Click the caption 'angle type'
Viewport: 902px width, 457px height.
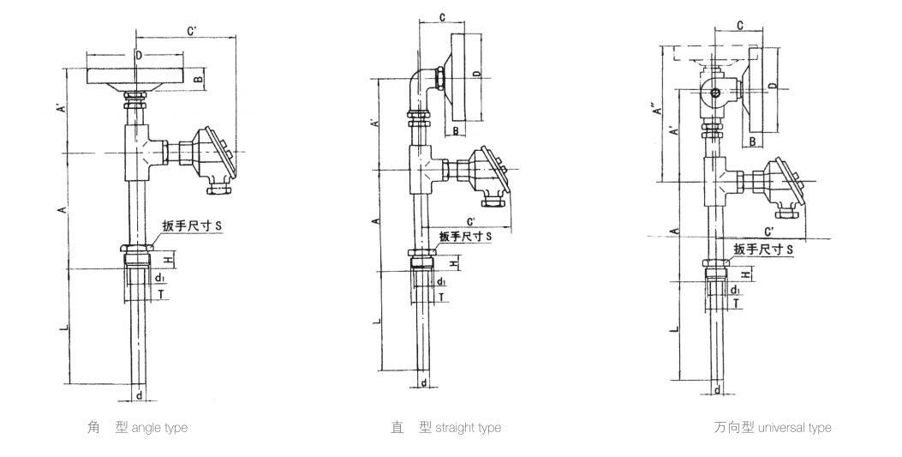(159, 428)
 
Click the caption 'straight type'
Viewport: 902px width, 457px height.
(469, 428)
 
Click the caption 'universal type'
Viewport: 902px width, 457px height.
(795, 428)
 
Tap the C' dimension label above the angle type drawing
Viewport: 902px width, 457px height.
(192, 29)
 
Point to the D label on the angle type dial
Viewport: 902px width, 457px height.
(139, 55)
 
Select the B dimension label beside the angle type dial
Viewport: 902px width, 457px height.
(196, 79)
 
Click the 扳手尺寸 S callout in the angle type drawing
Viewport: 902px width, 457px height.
(192, 226)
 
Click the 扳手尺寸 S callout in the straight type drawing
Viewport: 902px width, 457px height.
(465, 236)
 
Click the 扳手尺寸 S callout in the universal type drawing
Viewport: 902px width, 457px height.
(763, 250)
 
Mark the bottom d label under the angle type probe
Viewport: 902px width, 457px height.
(139, 396)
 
